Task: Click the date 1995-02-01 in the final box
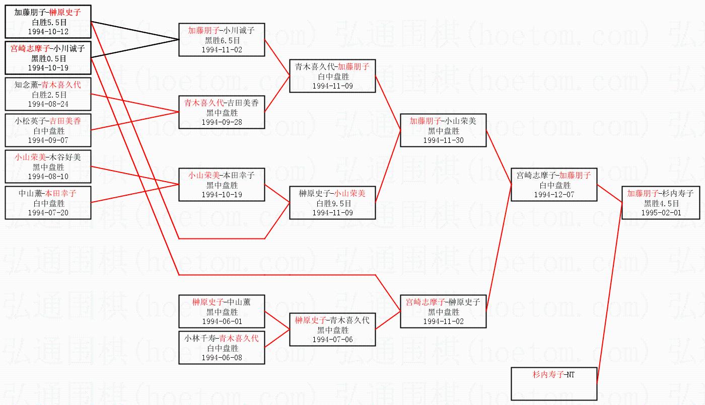(661, 212)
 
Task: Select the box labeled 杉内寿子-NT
(554, 383)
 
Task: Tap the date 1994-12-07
(554, 194)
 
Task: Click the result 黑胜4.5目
(661, 203)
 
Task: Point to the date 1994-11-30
(443, 140)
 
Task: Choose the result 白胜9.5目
(332, 203)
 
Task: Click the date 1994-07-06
(332, 339)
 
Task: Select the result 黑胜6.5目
(222, 40)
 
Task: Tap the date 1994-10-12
(48, 31)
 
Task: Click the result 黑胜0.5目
(48, 58)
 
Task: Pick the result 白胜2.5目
(48, 95)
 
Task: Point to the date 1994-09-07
(48, 140)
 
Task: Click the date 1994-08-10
(48, 176)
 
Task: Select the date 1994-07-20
(48, 212)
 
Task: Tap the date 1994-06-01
(222, 321)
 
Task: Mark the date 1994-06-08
(222, 357)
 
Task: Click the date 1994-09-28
(222, 122)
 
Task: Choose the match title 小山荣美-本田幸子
(222, 175)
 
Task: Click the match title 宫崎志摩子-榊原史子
(443, 302)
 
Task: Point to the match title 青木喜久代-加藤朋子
(332, 66)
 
